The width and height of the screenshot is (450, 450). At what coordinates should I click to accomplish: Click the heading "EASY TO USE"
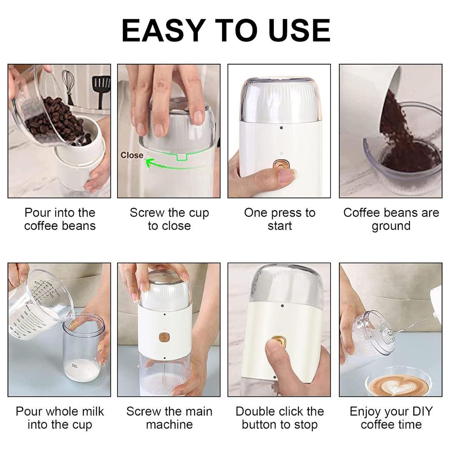pos(226,30)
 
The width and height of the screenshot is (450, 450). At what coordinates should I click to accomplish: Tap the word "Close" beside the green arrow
pos(132,155)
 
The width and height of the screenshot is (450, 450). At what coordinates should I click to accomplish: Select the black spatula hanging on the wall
pos(101,90)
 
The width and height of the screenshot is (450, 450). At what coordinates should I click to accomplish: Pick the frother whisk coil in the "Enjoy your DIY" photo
pos(387,336)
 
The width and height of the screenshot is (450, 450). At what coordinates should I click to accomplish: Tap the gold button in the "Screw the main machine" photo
pos(164,337)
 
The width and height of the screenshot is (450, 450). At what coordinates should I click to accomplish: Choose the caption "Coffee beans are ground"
pos(391,219)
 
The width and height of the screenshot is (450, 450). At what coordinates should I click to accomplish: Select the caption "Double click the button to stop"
pos(280,418)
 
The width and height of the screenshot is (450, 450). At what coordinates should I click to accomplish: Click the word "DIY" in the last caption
pos(421,412)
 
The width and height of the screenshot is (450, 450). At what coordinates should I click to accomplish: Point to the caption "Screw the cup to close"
pos(169,219)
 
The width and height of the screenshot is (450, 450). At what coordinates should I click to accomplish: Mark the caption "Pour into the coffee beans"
pos(60,219)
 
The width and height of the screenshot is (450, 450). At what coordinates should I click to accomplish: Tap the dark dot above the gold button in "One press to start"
pos(281,128)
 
